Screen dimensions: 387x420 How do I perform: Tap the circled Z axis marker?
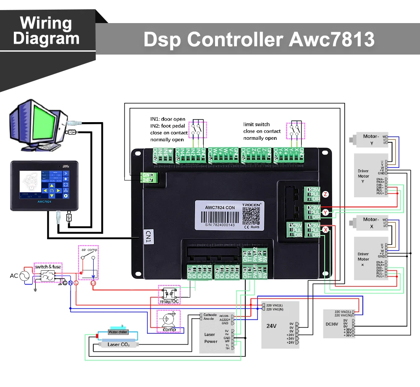(x=325, y=194)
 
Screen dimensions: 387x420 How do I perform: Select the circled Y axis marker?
(x=325, y=213)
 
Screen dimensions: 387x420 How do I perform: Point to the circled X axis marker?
(x=325, y=229)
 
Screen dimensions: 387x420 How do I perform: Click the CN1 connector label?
(x=147, y=236)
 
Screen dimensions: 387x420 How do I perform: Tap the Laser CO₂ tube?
(x=118, y=344)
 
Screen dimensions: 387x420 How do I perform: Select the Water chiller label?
(x=118, y=332)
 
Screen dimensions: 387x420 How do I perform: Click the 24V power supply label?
(x=272, y=326)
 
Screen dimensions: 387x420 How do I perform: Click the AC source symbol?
(x=24, y=276)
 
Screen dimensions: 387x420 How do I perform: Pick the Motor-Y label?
(x=371, y=139)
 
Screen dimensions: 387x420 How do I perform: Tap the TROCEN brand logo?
(x=251, y=204)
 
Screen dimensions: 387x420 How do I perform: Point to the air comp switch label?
(x=89, y=250)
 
